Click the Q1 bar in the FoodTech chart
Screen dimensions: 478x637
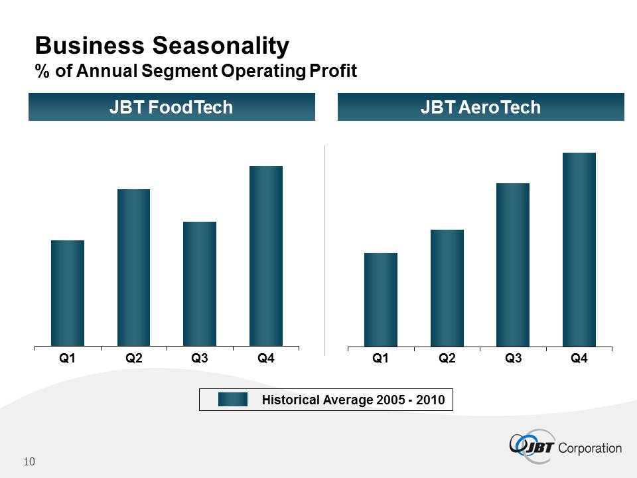[68, 293]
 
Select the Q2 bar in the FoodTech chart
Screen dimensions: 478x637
[133, 268]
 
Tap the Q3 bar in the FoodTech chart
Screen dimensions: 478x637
[200, 283]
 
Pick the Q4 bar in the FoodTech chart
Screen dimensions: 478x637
[266, 256]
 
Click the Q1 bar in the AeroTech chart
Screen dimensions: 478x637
[381, 299]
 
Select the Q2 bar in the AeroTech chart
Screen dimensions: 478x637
[447, 287]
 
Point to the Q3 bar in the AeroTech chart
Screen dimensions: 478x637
[513, 264]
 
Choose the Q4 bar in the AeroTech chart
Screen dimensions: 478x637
[579, 249]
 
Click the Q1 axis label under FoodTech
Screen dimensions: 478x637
[67, 358]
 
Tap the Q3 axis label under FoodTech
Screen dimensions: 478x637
[200, 358]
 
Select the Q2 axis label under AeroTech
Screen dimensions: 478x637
[447, 358]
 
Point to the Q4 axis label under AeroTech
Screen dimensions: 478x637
[579, 358]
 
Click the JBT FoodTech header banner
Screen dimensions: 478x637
[171, 107]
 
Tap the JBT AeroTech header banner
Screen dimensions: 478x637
[481, 107]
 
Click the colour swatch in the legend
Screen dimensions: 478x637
[233, 399]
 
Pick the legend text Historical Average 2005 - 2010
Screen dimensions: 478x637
[353, 400]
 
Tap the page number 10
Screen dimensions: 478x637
[29, 461]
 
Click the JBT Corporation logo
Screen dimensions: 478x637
[565, 445]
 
